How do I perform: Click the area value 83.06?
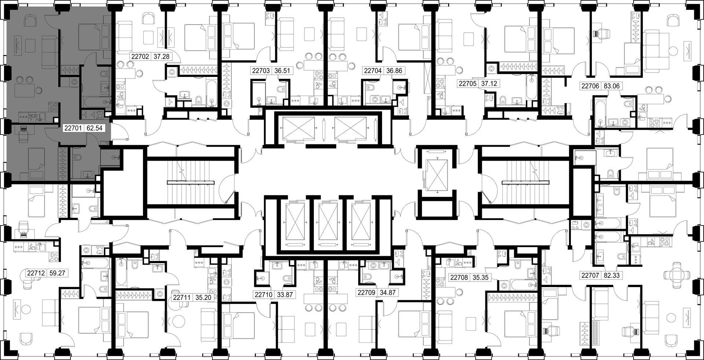pyautogui.click(x=610, y=87)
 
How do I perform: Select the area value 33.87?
pyautogui.click(x=285, y=294)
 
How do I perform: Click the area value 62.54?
pyautogui.click(x=94, y=128)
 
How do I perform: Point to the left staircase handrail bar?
pyautogui.click(x=191, y=182)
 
